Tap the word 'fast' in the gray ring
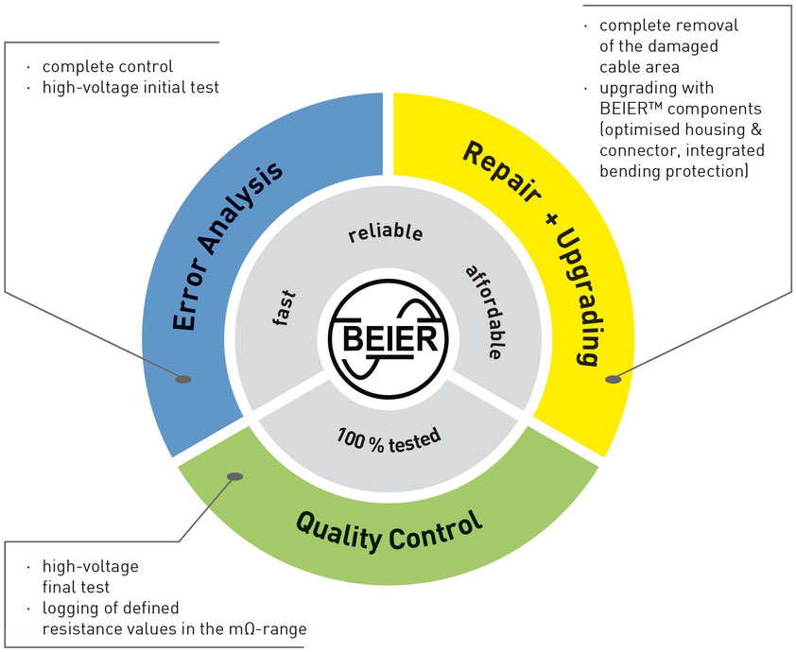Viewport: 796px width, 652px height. (x=281, y=307)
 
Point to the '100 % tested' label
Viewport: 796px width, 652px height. (x=389, y=438)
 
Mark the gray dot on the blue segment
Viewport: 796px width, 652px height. (x=183, y=380)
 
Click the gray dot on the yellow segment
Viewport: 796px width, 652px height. (x=613, y=380)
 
